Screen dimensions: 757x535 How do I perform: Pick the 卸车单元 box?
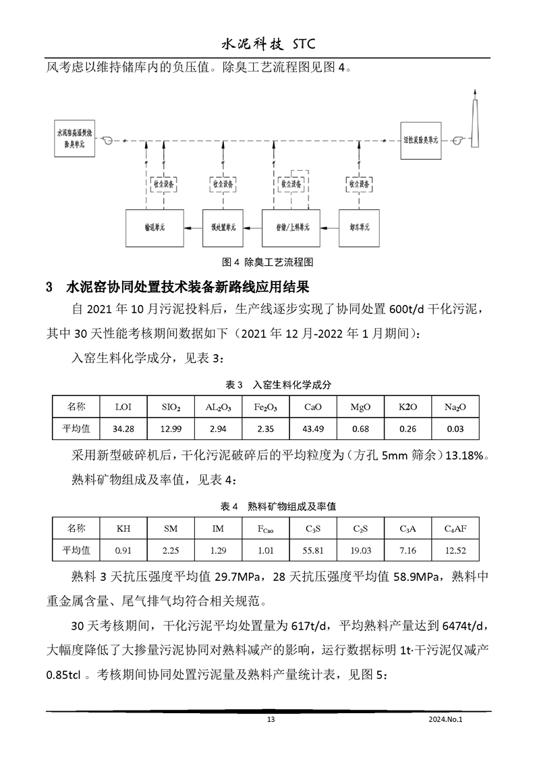(x=358, y=229)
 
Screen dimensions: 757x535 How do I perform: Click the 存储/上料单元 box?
(x=291, y=229)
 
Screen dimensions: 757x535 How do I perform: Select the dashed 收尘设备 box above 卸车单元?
(x=358, y=184)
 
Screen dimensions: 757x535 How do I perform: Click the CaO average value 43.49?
(x=314, y=428)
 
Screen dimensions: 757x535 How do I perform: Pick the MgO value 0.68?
(x=360, y=428)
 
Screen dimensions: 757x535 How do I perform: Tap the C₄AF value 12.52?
(x=455, y=550)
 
